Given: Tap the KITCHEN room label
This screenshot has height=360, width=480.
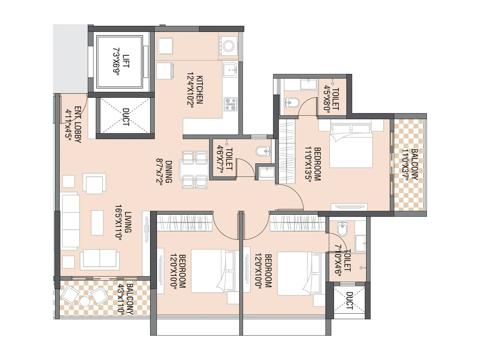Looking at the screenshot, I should pyautogui.click(x=199, y=89).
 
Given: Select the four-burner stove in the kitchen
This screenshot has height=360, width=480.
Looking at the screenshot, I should pyautogui.click(x=230, y=104).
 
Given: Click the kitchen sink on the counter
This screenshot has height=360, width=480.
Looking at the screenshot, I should pyautogui.click(x=230, y=70).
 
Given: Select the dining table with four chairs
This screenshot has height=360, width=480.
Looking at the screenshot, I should pyautogui.click(x=194, y=170).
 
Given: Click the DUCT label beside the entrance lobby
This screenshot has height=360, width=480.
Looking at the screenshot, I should pyautogui.click(x=126, y=117).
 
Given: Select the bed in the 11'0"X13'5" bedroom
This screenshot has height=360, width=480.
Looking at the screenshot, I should pyautogui.click(x=351, y=146).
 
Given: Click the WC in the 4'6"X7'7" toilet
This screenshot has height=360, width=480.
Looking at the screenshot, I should pyautogui.click(x=263, y=151).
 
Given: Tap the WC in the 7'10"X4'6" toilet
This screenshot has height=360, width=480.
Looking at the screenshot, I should pyautogui.click(x=342, y=229).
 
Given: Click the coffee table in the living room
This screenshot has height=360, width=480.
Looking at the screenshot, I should pyautogui.click(x=97, y=223).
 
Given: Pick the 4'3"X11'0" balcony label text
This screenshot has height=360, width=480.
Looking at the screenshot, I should pyautogui.click(x=130, y=299).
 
